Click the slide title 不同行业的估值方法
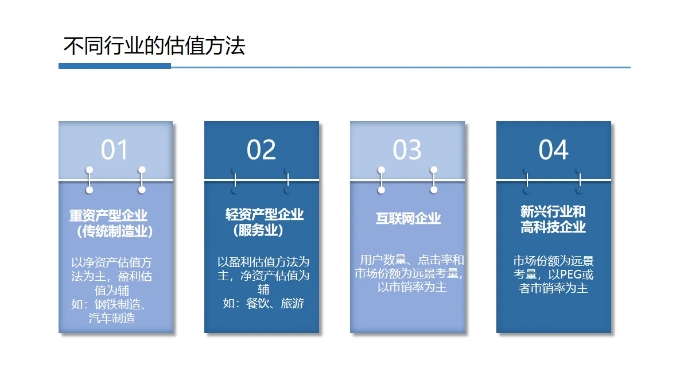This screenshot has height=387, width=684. pyautogui.click(x=154, y=45)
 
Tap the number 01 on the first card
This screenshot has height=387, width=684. pyautogui.click(x=115, y=150)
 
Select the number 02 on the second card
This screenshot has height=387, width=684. pyautogui.click(x=261, y=150)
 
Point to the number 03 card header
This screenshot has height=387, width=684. pyautogui.click(x=407, y=150)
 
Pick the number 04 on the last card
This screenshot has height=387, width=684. pyautogui.click(x=553, y=150)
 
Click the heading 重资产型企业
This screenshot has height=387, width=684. pyautogui.click(x=108, y=216)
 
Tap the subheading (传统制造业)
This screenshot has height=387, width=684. pyautogui.click(x=114, y=232)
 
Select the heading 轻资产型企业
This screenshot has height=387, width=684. pyautogui.click(x=264, y=215)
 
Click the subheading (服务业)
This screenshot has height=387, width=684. pyautogui.click(x=258, y=230)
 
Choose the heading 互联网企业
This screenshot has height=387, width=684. pyautogui.click(x=408, y=218)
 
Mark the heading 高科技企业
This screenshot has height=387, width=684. pyautogui.click(x=553, y=227)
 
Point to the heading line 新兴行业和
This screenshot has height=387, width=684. pyautogui.click(x=553, y=211)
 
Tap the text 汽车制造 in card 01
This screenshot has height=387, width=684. pyautogui.click(x=112, y=318)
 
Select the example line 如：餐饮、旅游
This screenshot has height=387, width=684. pyautogui.click(x=263, y=303)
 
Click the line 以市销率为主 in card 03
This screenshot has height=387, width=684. pyautogui.click(x=411, y=287)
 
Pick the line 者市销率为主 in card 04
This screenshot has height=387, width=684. pyautogui.click(x=553, y=288)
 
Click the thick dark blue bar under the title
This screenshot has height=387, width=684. pyautogui.click(x=115, y=66)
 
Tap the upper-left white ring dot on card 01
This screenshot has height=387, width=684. pyautogui.click(x=90, y=170)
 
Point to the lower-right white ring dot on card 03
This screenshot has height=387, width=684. pyautogui.click(x=434, y=189)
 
